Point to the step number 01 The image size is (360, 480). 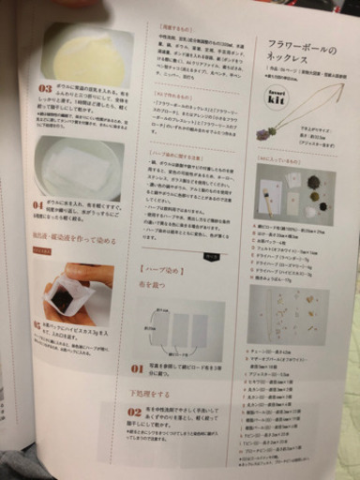point(138,368)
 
